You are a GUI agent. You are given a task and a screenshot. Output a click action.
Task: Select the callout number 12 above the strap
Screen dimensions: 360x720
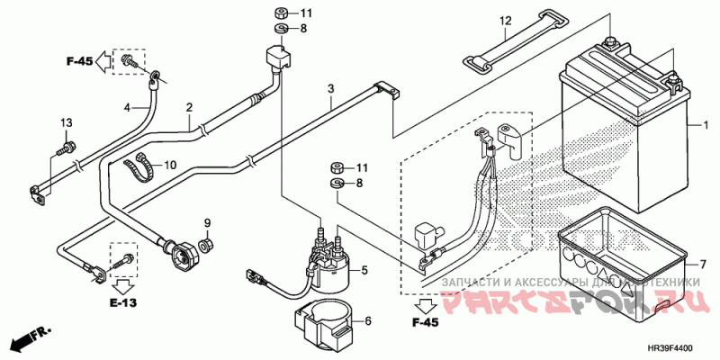tap(505, 22)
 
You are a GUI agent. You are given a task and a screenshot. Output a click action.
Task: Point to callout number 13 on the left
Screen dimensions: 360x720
tap(66, 122)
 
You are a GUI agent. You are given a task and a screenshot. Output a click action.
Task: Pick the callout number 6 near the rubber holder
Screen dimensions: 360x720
tap(366, 321)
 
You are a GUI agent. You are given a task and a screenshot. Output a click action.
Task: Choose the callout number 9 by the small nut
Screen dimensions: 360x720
tap(206, 222)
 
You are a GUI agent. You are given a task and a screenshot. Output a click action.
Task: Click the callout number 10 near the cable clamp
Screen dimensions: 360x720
tap(171, 166)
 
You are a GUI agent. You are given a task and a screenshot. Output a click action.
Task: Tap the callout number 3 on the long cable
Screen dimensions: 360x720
tap(331, 88)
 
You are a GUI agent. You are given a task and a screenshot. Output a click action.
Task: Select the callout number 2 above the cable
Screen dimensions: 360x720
tap(189, 108)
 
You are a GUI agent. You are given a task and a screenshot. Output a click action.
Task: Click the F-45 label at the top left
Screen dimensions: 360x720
tap(79, 62)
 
